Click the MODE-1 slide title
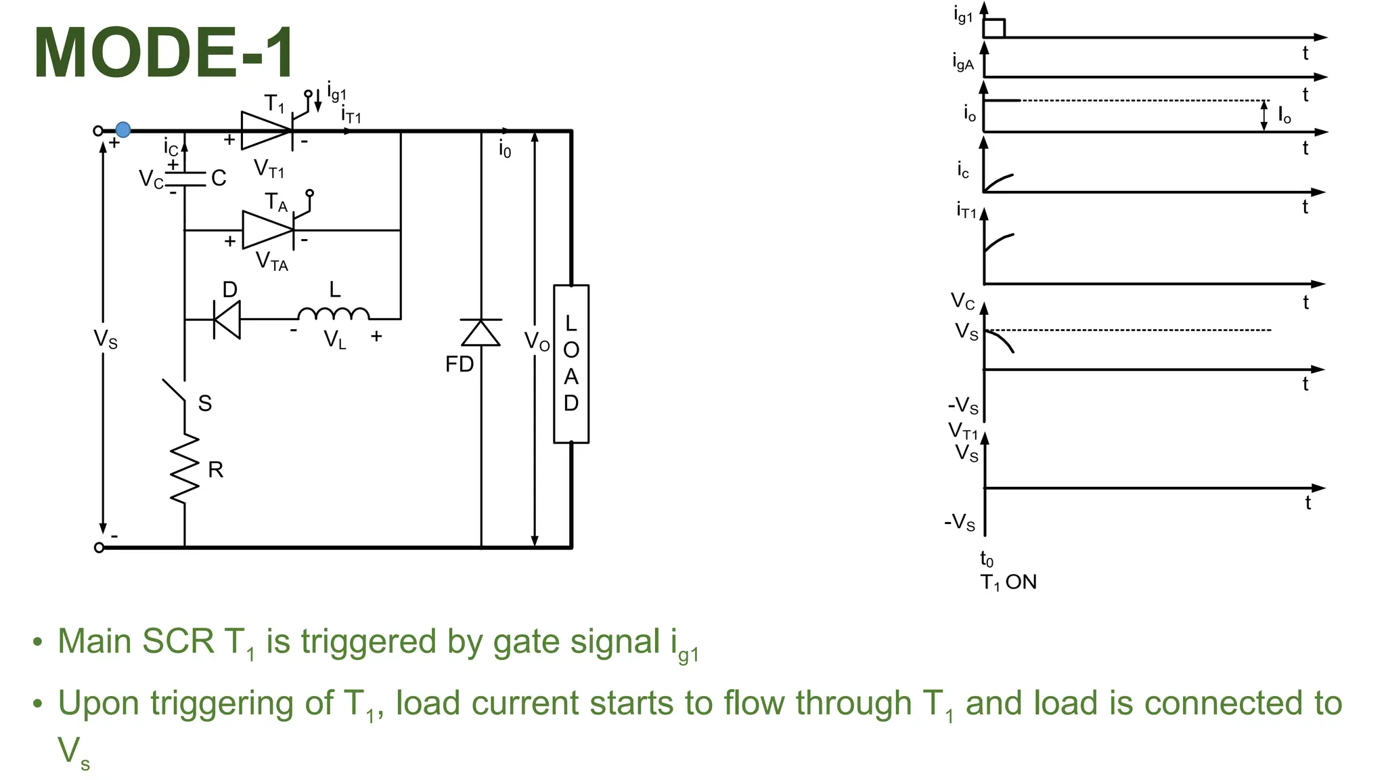[x=164, y=53]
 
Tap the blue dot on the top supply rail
[x=123, y=129]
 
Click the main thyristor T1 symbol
[x=267, y=130]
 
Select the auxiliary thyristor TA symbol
[x=268, y=230]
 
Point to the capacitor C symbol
[x=185, y=179]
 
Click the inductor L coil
[x=334, y=314]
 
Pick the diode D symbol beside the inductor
[x=227, y=319]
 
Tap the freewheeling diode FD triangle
[x=481, y=333]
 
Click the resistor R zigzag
[x=185, y=469]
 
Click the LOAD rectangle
[x=571, y=364]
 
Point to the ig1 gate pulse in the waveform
[x=994, y=28]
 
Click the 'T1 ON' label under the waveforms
[x=1008, y=582]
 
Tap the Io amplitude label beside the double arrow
[x=1284, y=116]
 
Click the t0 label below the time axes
[x=987, y=559]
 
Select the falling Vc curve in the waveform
[x=1000, y=340]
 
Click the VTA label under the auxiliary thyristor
[x=272, y=261]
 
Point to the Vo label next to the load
[x=537, y=342]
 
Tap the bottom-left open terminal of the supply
[x=99, y=547]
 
